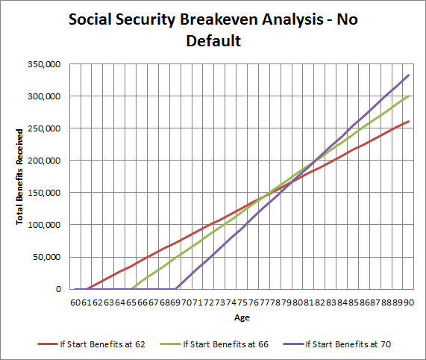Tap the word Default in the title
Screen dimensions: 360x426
(x=213, y=41)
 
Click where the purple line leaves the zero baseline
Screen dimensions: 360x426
(x=176, y=288)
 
